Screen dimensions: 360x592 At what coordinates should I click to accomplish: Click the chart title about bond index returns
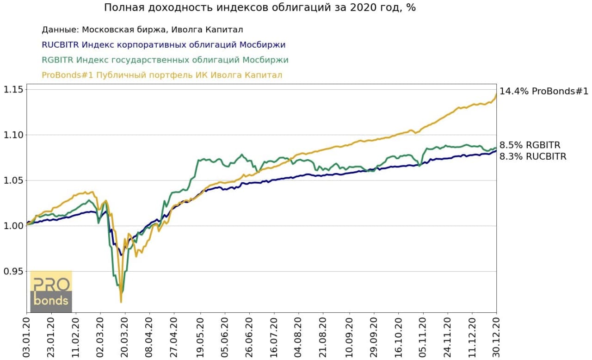coord(259,8)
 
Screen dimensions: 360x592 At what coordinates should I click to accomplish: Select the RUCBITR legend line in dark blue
coord(163,45)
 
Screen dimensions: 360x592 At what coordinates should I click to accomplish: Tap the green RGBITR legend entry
coord(165,60)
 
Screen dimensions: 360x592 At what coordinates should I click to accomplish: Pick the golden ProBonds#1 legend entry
coord(162,75)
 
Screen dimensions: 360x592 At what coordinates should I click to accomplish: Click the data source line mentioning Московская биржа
coord(142,30)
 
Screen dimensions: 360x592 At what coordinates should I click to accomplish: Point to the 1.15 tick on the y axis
coord(14,89)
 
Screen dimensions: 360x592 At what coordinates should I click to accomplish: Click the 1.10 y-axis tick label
coord(14,135)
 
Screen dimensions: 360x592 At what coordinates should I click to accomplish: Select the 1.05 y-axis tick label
coord(14,180)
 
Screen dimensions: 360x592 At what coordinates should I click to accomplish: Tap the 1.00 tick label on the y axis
coord(14,226)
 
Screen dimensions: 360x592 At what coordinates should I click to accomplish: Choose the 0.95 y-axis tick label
coord(14,272)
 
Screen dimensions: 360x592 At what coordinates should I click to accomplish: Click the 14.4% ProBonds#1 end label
coord(544,92)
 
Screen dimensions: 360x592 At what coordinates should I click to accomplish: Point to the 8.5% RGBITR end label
coord(530,145)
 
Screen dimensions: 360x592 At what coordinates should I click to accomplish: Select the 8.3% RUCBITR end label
coord(533,156)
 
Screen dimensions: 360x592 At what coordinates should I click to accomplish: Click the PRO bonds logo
coord(51,292)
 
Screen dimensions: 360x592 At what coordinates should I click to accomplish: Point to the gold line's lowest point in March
coord(121,302)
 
